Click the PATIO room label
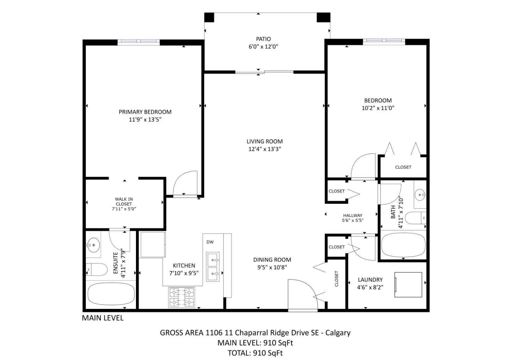pyautogui.click(x=263, y=39)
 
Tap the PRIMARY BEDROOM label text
pyautogui.click(x=145, y=112)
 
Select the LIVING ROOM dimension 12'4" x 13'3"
pyautogui.click(x=265, y=149)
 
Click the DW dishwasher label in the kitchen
pyautogui.click(x=210, y=242)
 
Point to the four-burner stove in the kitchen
pyautogui.click(x=181, y=297)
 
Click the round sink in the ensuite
pyautogui.click(x=93, y=245)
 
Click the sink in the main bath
pyautogui.click(x=420, y=194)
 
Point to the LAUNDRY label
pyautogui.click(x=370, y=280)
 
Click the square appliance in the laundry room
pyautogui.click(x=408, y=284)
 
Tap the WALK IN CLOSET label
pyautogui.click(x=124, y=201)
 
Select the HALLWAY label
pyautogui.click(x=353, y=215)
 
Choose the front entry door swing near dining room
pyautogui.click(x=301, y=295)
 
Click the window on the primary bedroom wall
pyautogui.click(x=138, y=42)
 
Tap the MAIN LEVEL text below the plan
pyautogui.click(x=103, y=318)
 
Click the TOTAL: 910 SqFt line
pyautogui.click(x=255, y=353)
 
